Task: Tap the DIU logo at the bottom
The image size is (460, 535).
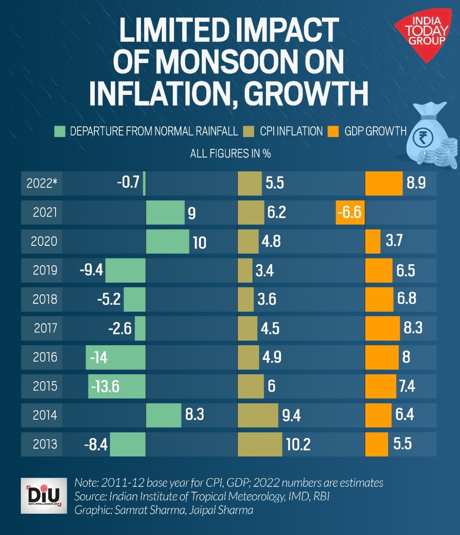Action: (x=44, y=495)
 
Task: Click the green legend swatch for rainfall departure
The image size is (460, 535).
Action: (x=60, y=131)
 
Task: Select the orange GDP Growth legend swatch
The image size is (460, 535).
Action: (x=333, y=131)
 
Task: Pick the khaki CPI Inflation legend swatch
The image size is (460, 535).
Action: (x=249, y=131)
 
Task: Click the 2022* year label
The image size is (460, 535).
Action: (x=41, y=183)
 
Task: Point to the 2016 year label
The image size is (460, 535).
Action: (x=45, y=357)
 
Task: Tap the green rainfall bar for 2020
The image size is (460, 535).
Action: (x=168, y=241)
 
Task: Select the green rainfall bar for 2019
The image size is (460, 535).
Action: (x=125, y=270)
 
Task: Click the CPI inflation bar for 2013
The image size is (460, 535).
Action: (x=260, y=444)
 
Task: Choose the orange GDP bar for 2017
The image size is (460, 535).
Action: (x=382, y=328)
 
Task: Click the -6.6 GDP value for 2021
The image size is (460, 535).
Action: (x=349, y=212)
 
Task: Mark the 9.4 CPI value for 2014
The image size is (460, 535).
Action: (x=291, y=415)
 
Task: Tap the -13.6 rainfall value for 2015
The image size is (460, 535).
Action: (x=105, y=386)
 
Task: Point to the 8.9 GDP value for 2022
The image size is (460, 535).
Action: (x=416, y=183)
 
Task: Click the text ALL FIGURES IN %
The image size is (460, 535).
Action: (x=230, y=153)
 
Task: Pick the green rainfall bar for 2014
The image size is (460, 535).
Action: (x=163, y=415)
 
